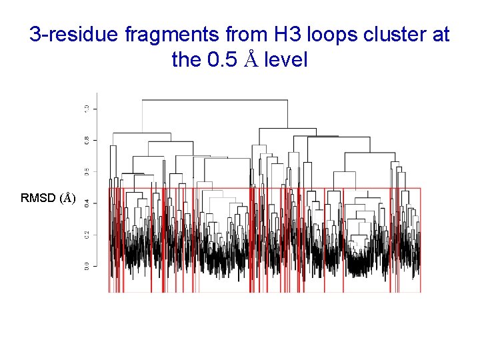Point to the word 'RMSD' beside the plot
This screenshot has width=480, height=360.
coord(39,198)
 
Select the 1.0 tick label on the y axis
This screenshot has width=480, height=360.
coord(86,109)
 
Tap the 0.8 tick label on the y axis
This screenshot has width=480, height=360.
coord(86,140)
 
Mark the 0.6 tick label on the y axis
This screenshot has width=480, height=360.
coord(86,171)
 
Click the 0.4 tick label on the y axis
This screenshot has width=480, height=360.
coord(86,203)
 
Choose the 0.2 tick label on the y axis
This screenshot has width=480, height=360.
coord(86,235)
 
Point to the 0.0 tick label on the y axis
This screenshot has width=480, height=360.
coord(86,266)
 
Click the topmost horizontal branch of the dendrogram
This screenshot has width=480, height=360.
coord(213,100)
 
